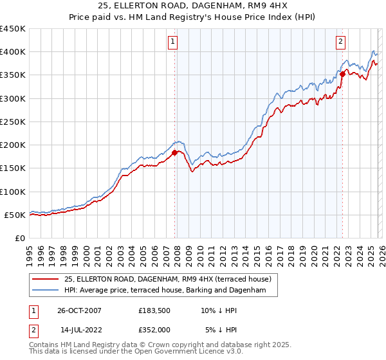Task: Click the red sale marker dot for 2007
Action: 174,152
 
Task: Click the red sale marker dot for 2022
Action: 342,74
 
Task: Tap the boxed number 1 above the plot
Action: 174,42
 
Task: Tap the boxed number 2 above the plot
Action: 340,42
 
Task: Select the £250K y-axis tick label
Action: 13,122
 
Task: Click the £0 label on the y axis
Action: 19,238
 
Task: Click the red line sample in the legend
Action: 45,279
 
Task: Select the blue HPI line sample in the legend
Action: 45,291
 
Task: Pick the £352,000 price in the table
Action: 156,329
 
